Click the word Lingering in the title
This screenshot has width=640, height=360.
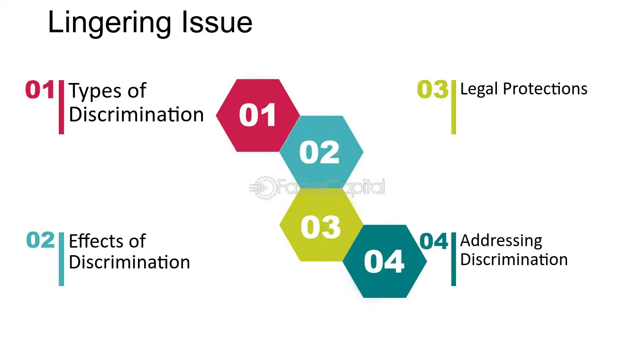[110, 23]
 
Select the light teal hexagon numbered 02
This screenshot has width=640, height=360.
[321, 152]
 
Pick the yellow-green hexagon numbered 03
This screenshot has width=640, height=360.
[321, 225]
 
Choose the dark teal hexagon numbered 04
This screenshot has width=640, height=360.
[384, 261]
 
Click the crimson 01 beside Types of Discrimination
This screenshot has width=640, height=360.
[40, 90]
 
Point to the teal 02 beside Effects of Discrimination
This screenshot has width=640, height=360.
[40, 240]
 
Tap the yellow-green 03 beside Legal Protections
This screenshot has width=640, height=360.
[432, 89]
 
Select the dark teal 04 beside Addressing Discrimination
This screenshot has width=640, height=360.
[433, 241]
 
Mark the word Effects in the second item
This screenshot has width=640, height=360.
[96, 241]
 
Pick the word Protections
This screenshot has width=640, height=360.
[545, 89]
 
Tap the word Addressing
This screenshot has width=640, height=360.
[501, 241]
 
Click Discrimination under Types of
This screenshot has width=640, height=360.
[136, 114]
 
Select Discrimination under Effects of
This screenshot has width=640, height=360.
[129, 262]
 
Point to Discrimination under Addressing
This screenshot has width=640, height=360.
[514, 259]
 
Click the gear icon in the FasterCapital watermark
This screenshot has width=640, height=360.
[264, 187]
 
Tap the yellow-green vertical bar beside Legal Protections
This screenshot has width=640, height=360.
[453, 107]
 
